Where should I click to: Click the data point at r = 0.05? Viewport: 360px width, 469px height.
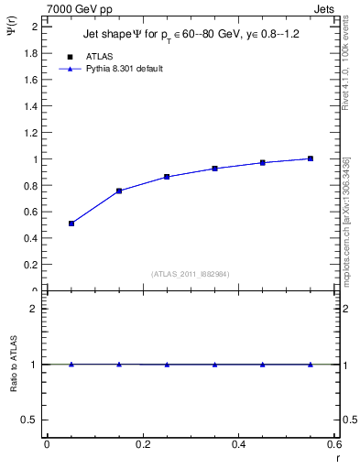(x=71, y=224)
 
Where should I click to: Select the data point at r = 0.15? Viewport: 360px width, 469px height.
(x=119, y=191)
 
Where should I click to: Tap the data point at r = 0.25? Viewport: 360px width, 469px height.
(x=167, y=177)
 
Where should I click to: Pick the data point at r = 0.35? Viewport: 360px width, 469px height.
(x=214, y=169)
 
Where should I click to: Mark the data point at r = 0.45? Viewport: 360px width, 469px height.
(x=263, y=162)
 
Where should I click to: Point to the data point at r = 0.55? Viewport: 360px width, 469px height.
(x=311, y=158)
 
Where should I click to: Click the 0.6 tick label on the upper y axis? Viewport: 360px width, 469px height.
(x=29, y=212)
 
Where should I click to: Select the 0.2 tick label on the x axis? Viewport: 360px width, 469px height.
(x=142, y=444)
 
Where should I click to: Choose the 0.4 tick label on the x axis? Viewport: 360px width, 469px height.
(x=238, y=444)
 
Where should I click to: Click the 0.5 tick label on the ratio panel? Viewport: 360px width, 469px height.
(x=28, y=420)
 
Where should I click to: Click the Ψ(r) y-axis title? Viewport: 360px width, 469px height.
(x=11, y=34)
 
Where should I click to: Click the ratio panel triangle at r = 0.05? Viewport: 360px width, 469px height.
(x=71, y=364)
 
